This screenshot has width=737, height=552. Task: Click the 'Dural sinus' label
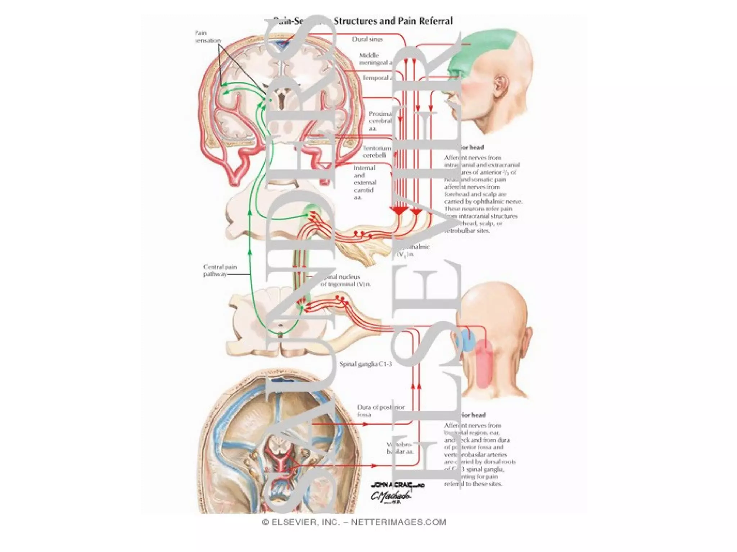point(367,39)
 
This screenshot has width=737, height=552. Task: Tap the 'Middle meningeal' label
point(374,59)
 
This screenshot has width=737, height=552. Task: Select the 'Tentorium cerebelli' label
point(376,152)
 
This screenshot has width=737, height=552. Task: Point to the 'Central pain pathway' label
point(220,270)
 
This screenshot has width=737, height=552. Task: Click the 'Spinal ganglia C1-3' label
point(365,364)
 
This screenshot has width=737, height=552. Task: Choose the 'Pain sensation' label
point(208,37)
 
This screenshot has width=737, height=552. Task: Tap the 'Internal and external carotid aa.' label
point(365,183)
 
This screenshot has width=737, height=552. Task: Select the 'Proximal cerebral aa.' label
point(380,121)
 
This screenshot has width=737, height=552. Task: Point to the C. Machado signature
point(391,496)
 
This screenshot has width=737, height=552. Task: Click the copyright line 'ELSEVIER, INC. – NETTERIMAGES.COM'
point(354,522)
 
